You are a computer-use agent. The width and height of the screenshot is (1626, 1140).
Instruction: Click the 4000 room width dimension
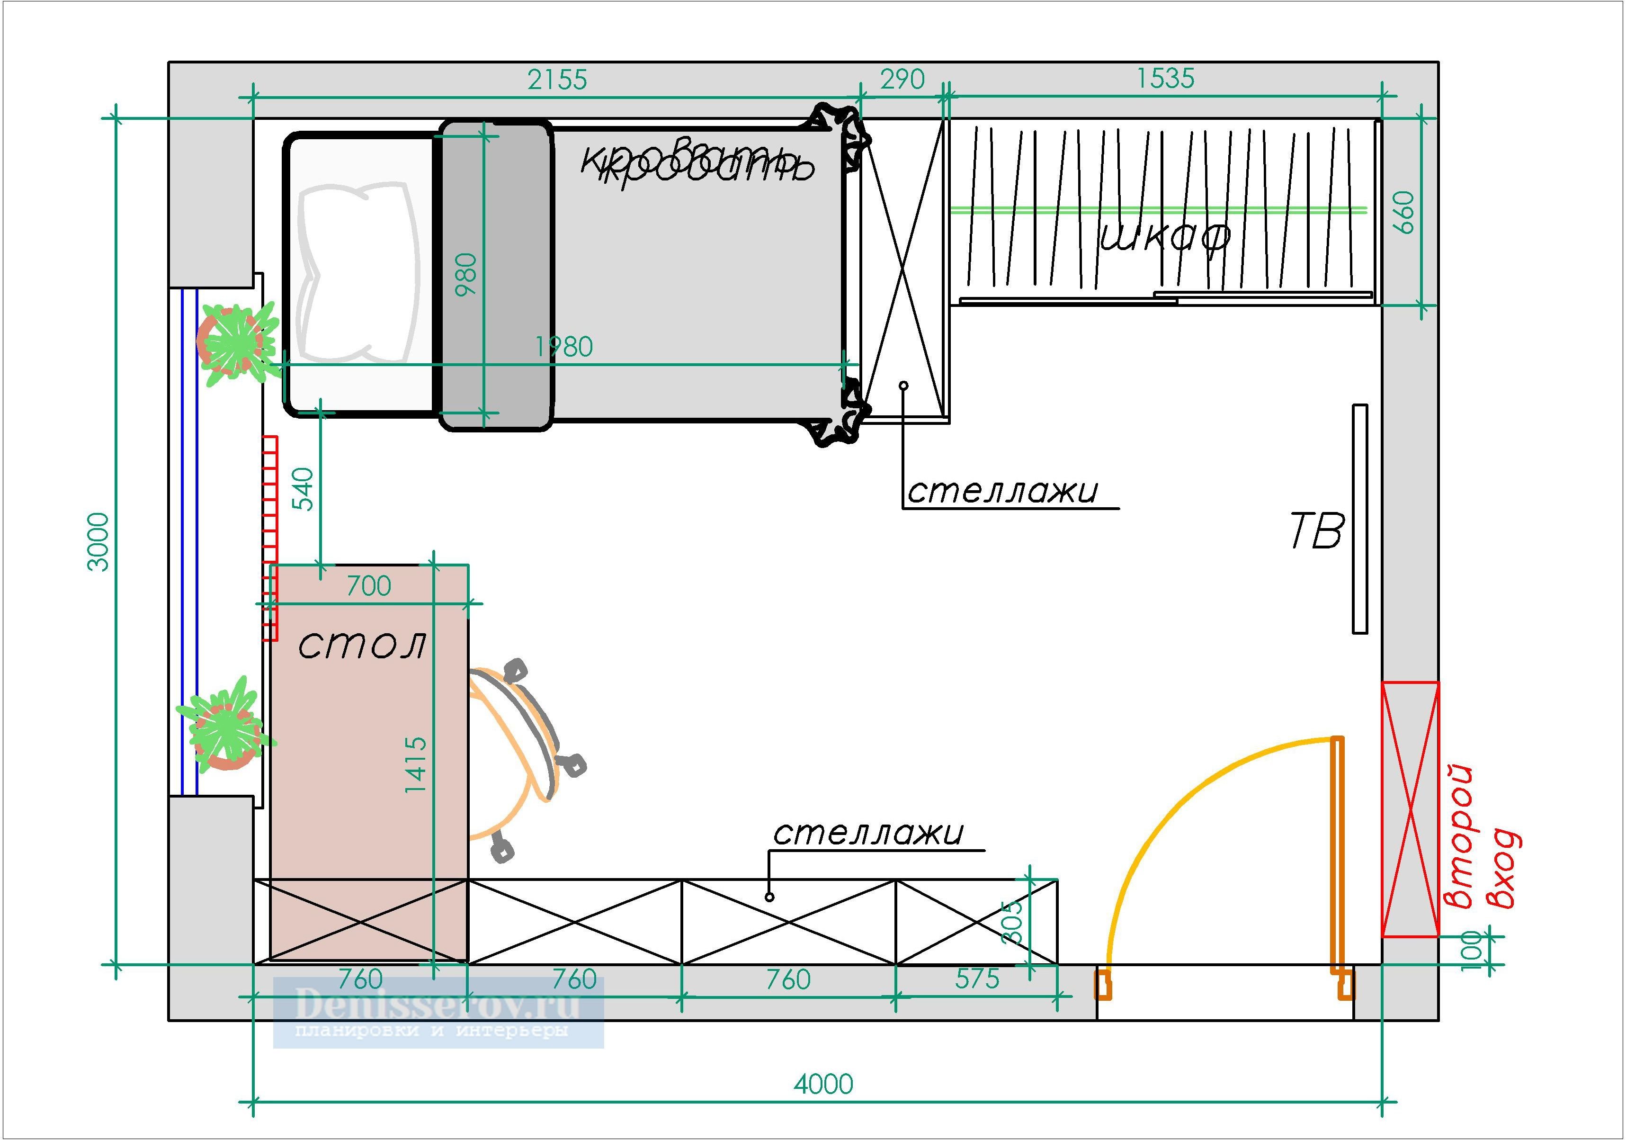823,1083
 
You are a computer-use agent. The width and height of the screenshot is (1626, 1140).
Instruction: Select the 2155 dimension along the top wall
557,80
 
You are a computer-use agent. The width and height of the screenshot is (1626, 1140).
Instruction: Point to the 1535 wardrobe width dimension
1165,79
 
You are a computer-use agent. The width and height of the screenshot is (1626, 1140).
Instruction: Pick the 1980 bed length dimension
564,347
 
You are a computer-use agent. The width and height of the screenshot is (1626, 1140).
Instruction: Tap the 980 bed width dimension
466,274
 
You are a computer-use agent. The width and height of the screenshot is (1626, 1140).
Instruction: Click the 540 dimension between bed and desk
303,488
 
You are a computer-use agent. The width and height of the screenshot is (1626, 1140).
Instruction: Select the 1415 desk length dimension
416,764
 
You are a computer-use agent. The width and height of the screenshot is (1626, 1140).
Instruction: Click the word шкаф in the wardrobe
1165,237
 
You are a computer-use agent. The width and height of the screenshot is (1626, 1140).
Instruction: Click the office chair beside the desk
520,758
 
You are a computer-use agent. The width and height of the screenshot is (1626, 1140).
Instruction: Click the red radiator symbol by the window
270,539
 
